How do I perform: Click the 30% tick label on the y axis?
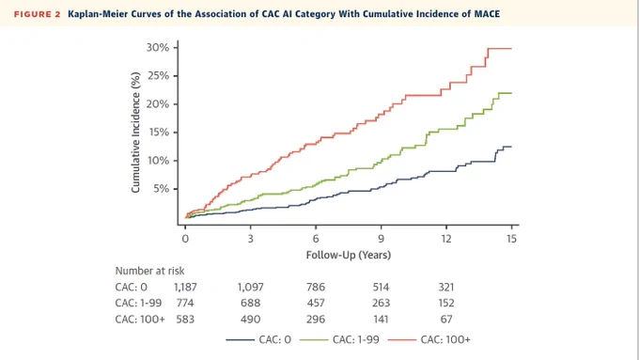157,48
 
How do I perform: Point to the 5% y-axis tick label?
161,189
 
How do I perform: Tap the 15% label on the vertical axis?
158,133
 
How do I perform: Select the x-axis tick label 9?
381,239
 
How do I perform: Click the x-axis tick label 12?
446,239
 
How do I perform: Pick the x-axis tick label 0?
185,239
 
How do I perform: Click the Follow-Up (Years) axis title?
349,256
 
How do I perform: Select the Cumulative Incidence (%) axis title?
135,133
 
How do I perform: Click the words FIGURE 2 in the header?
37,14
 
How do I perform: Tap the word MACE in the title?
487,14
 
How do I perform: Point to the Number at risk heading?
149,271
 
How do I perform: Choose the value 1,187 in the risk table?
185,287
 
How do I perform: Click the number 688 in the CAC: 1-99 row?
250,303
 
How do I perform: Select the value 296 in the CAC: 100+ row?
316,319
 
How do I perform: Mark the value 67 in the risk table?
446,319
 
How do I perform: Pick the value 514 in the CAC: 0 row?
381,287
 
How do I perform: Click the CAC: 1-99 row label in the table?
138,303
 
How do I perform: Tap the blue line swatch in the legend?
240,339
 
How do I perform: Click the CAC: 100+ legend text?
445,339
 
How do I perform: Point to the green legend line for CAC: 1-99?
314,339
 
